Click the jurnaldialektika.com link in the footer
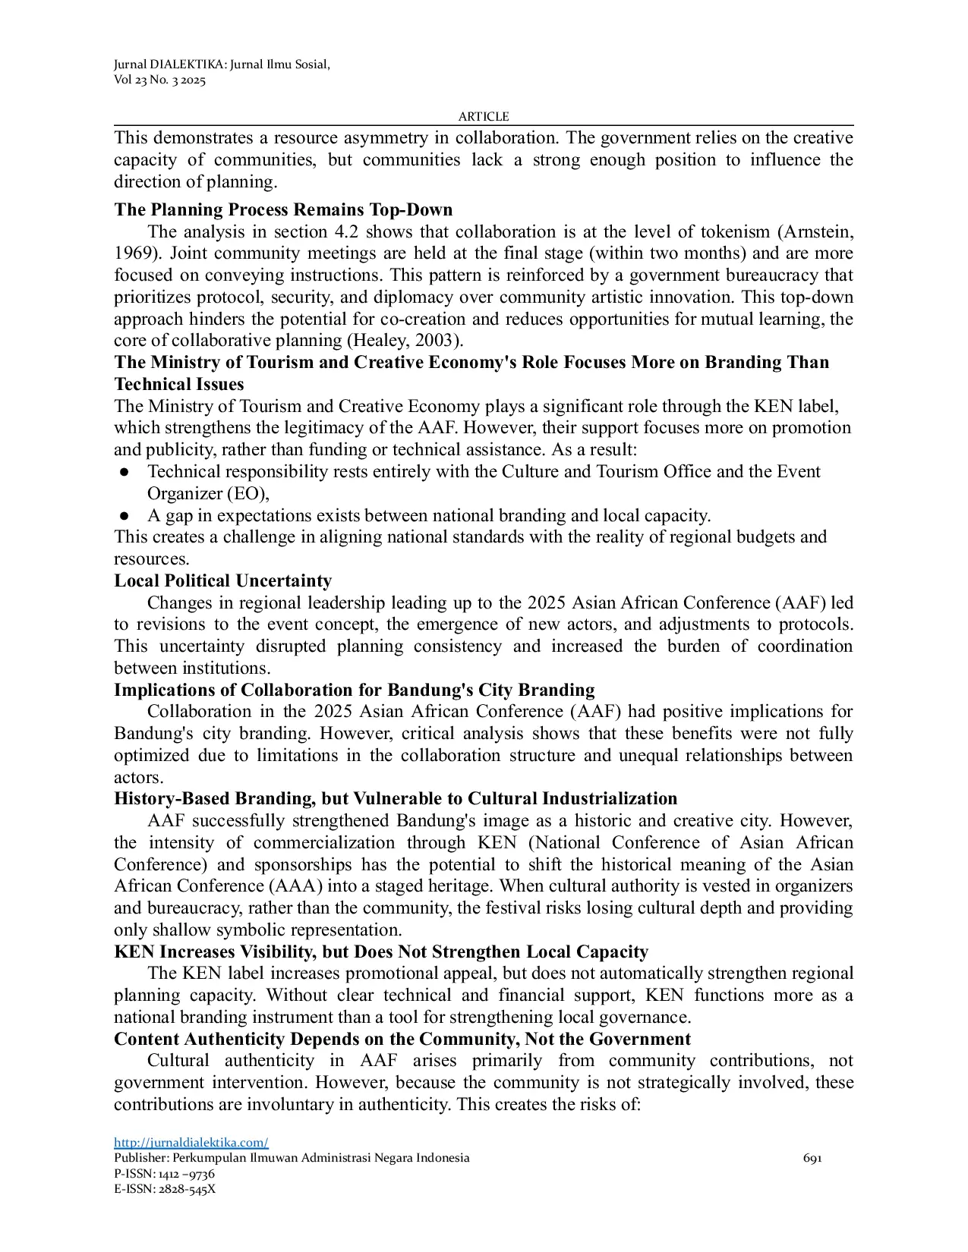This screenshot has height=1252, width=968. point(191,1143)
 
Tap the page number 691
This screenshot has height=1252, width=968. point(812,1158)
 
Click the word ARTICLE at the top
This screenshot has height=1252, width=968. point(484,117)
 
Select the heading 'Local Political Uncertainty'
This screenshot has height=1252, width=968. point(222,581)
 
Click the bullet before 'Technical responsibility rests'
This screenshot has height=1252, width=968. point(124,472)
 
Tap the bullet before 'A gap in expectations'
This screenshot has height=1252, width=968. point(124,516)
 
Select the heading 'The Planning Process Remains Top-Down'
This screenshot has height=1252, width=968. point(283,210)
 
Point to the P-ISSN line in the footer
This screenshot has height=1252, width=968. point(164,1174)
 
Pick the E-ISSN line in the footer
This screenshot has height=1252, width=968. point(165,1189)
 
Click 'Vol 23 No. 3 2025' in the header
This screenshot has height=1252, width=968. point(159,80)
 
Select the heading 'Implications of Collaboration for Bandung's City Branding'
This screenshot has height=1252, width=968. point(354,690)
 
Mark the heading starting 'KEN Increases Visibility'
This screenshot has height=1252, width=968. point(380,952)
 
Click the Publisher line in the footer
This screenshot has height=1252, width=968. point(292,1158)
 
